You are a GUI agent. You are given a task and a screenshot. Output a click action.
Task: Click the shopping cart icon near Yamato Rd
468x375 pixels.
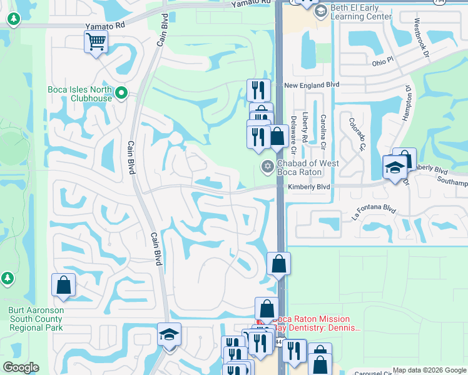coord(96,42)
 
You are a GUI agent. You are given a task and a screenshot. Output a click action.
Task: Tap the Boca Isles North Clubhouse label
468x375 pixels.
coord(79,94)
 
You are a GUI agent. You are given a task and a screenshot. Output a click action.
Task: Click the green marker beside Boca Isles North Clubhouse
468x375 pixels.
coord(122,94)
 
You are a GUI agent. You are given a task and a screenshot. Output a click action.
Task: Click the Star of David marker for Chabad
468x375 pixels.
coord(267,166)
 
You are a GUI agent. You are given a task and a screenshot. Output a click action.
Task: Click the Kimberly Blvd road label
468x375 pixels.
coord(308,187)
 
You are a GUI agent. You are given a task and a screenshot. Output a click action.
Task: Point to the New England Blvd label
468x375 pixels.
coord(311,84)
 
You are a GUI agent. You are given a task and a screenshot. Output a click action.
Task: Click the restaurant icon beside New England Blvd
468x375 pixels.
coord(258,90)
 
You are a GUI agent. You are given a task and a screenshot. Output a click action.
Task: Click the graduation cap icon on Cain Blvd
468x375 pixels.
coord(169,334)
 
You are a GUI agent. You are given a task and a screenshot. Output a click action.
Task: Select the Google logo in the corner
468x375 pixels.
coord(21,367)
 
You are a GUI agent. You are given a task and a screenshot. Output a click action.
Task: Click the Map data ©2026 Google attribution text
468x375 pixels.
coord(429,371)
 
